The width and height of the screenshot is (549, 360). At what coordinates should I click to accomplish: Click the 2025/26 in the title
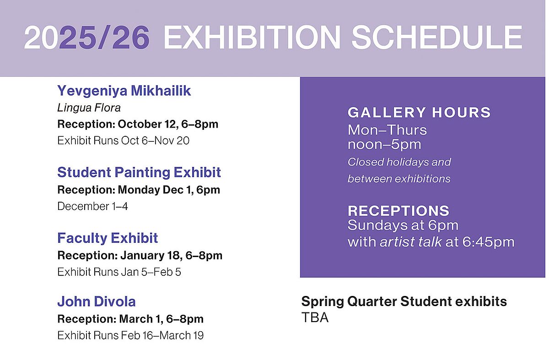pos(87,37)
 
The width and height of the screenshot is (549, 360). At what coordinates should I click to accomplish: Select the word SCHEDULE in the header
pos(437,37)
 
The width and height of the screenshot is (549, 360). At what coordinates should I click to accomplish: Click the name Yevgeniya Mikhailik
pos(124,91)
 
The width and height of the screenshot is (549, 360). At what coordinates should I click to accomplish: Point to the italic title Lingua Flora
pos(89,108)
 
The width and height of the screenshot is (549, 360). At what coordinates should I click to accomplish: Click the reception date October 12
pos(147,124)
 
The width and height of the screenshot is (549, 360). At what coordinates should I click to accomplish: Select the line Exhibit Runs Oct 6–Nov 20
pos(123,141)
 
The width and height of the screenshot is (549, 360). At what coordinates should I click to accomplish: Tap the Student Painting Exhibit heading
pos(139,172)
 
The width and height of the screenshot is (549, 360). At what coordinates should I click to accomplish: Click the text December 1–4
pos(92,206)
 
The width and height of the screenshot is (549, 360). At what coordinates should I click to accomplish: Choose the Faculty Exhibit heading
pos(108,238)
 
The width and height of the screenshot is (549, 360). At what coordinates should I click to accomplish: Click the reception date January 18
pos(151,255)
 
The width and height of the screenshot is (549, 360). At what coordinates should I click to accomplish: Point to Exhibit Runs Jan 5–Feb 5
pos(119,272)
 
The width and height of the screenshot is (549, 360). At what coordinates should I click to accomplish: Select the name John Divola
pos(97,301)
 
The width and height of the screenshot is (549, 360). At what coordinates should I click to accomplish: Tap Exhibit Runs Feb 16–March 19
pos(130,335)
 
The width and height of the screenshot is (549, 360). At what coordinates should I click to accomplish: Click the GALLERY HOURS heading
pos(419,113)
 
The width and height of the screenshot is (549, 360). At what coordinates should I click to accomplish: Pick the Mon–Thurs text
pos(387,130)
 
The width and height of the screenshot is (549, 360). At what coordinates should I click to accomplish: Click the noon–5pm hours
pos(384,145)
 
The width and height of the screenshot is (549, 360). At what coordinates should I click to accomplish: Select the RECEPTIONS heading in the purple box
pos(398,211)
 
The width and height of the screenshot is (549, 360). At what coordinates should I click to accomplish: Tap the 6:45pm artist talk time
pos(488,242)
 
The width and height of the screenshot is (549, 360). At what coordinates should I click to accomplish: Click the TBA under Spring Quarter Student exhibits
pos(315,317)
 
